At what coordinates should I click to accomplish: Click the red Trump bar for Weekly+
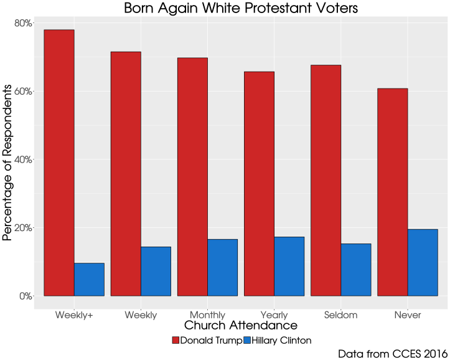[x=59, y=163]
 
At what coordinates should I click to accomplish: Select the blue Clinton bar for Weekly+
[x=89, y=279]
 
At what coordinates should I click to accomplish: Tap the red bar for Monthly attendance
[x=192, y=177]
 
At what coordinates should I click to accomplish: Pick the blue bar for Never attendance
[x=423, y=262]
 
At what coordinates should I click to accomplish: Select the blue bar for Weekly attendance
[x=156, y=271]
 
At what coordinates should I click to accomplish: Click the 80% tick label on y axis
[x=23, y=24]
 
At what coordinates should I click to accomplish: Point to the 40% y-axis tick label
[x=23, y=159]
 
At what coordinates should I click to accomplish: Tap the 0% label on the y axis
[x=25, y=296]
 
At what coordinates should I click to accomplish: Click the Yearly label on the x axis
[x=274, y=315]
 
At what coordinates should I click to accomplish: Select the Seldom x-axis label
[x=340, y=315]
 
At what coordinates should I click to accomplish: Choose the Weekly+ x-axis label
[x=74, y=315]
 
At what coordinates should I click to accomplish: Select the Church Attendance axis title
[x=240, y=326]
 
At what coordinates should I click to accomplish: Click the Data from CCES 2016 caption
[x=392, y=353]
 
